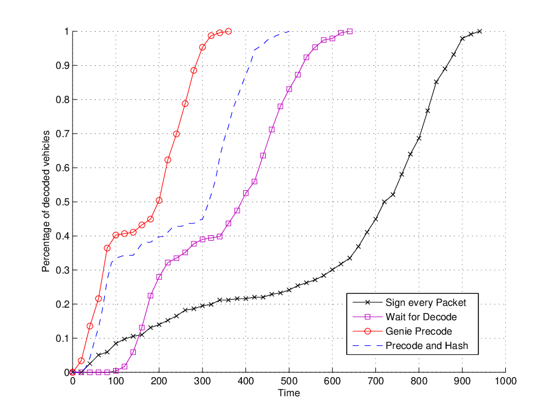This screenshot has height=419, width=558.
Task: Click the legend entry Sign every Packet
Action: coord(426,303)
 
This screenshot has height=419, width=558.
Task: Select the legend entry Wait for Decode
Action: coord(421,317)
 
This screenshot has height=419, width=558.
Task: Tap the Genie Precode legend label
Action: coord(418,332)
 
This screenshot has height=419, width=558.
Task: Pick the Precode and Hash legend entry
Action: coord(427,346)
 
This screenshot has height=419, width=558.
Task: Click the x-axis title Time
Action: coord(289,393)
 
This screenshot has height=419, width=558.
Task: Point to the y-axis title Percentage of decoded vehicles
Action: coord(46,201)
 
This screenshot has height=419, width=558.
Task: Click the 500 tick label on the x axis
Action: coord(289,381)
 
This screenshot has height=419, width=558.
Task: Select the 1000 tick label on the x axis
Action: coord(505,381)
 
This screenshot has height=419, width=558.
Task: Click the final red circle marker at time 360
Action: coord(229,31)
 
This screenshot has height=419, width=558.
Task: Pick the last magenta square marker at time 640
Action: coord(350,31)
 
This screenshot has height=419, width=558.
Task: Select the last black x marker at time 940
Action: coord(480,31)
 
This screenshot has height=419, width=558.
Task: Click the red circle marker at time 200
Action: coord(159,201)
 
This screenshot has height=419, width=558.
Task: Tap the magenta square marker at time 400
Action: coord(246,193)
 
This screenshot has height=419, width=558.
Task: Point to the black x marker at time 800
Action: coord(419,138)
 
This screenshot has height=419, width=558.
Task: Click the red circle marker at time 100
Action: coord(116,235)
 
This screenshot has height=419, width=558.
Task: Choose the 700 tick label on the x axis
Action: coord(375,381)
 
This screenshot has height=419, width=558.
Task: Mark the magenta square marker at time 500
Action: coord(289,89)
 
